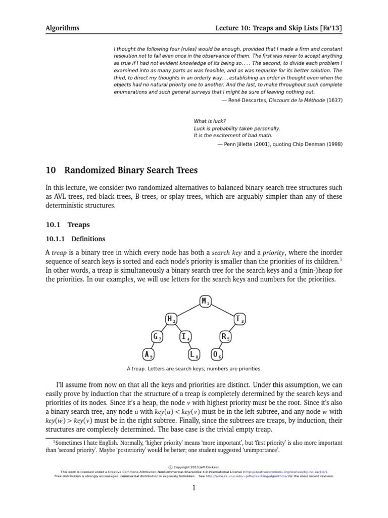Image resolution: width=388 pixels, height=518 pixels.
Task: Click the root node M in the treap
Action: pos(205,301)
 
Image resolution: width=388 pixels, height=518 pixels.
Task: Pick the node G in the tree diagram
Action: pos(157,336)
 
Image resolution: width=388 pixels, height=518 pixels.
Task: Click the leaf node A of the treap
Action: pos(148,354)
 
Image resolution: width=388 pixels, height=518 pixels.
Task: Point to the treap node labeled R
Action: pos(225,336)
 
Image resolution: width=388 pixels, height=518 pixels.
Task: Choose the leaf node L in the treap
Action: pos(195,354)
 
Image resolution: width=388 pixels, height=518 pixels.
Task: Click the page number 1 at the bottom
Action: pos(194,488)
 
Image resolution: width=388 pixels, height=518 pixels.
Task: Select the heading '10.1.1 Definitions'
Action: pos(75,239)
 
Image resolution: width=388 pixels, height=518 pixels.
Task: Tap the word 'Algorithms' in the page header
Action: pos(62,28)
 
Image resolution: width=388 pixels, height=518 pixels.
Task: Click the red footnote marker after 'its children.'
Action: pos(341,259)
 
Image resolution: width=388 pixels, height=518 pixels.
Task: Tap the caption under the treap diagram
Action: pos(194,369)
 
